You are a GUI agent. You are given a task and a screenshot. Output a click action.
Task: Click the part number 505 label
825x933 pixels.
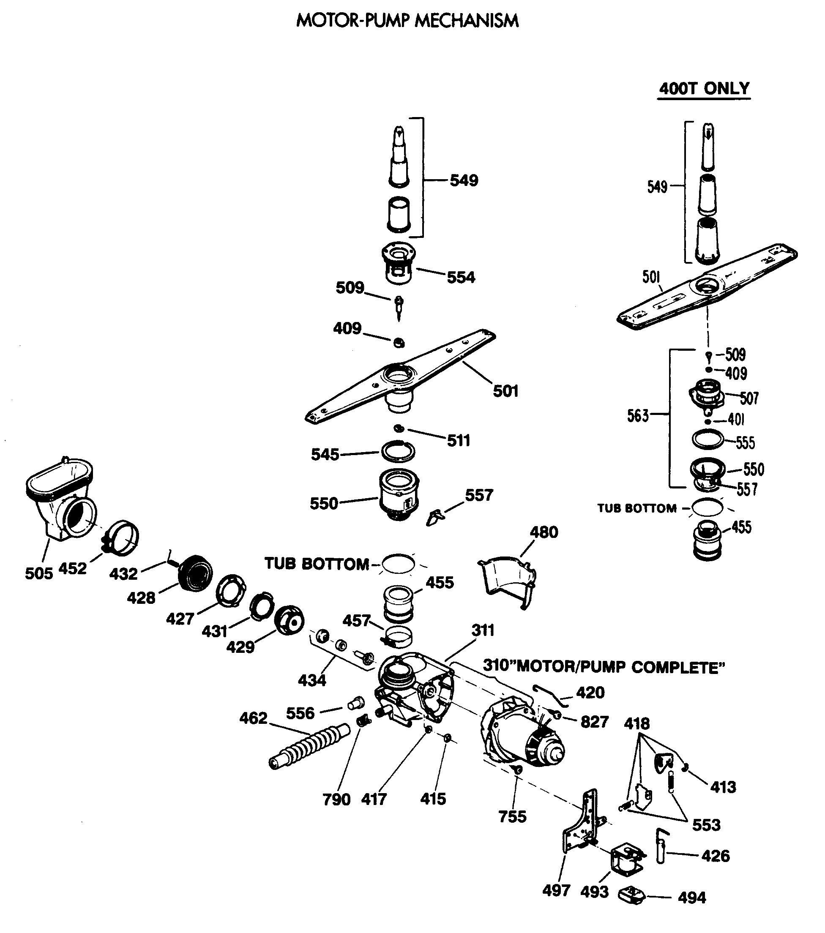[x=39, y=574]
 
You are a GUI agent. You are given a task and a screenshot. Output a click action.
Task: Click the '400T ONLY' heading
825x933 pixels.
[x=704, y=88]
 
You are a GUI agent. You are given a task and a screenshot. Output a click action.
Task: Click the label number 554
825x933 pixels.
[x=461, y=277]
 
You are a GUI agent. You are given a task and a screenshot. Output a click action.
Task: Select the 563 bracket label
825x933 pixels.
[x=637, y=415]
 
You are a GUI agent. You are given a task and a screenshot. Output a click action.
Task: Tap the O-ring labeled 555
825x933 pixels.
[x=708, y=439]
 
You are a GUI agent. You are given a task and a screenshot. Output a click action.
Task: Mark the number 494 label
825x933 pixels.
[x=692, y=898]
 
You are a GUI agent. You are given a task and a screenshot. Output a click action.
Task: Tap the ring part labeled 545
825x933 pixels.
[x=398, y=451]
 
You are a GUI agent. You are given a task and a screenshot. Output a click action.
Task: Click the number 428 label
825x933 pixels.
[x=141, y=597]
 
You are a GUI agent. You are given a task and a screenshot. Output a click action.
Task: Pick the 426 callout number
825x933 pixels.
[x=716, y=855]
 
